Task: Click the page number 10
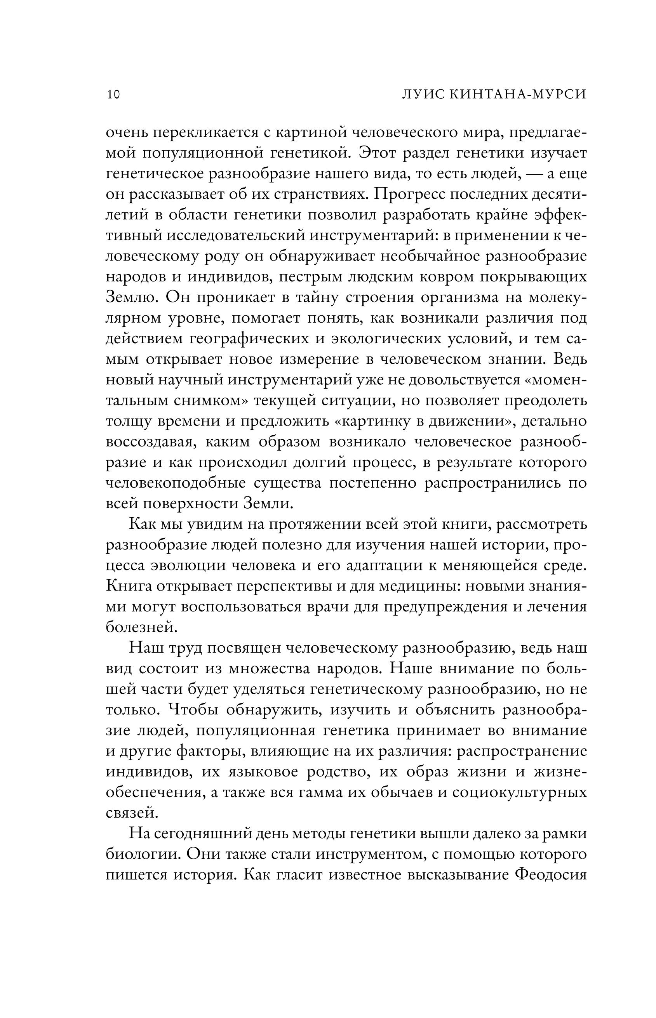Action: (x=113, y=94)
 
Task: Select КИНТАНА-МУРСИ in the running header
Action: (x=519, y=94)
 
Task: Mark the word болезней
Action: (x=141, y=627)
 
